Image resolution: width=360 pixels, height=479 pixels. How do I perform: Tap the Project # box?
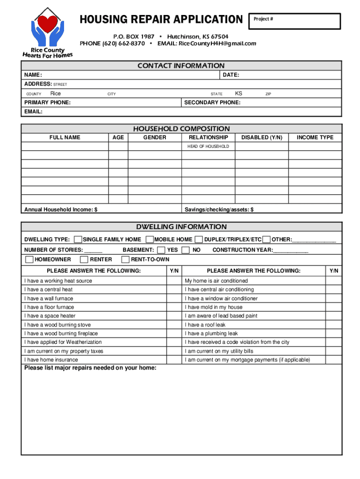pos(295,22)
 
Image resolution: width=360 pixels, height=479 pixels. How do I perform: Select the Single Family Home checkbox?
pos(78,239)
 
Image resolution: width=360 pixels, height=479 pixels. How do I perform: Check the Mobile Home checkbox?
pos(150,239)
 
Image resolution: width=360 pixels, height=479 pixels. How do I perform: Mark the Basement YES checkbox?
pos(161,250)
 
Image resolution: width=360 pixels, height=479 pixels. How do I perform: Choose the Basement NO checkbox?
pos(186,250)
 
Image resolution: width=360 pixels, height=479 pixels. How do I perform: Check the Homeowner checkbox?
pos(29,260)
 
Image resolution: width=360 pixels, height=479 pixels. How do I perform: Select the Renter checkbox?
pos(85,260)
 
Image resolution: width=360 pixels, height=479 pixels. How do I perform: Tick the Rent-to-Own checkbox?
pos(125,260)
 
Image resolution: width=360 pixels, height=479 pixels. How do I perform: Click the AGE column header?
pos(118,138)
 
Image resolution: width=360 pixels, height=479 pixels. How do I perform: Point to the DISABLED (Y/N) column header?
pos(262,138)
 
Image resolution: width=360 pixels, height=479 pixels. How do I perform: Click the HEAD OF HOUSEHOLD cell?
pos(208,146)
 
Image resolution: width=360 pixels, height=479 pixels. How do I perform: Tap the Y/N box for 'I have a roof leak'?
pos(334,325)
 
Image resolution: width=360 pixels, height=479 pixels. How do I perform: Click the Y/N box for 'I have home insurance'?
pos(174,360)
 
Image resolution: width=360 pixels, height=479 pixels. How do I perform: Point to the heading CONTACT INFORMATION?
pos(181,66)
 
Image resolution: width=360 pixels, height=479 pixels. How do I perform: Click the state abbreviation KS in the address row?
pos(238,94)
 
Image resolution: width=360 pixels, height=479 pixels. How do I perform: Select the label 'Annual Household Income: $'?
pos(61,210)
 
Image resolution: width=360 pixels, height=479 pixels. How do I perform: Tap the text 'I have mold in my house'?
pos(214,307)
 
